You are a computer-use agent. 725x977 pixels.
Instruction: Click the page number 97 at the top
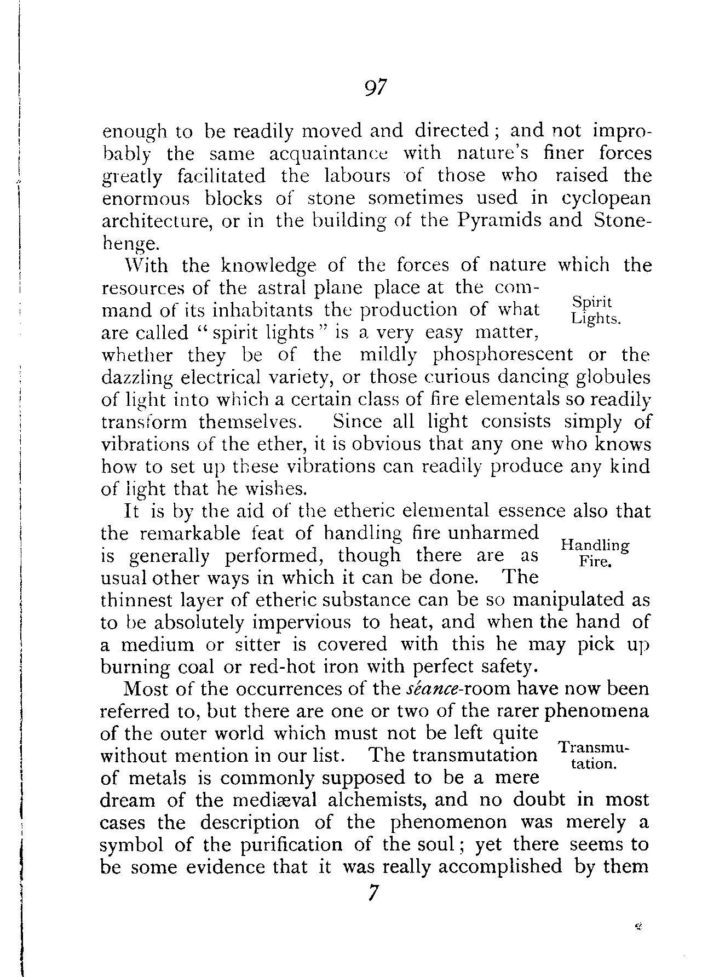point(375,87)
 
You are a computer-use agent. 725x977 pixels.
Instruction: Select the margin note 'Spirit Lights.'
point(595,311)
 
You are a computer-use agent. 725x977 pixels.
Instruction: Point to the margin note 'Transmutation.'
point(595,755)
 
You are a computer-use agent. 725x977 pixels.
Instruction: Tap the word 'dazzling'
point(137,378)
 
